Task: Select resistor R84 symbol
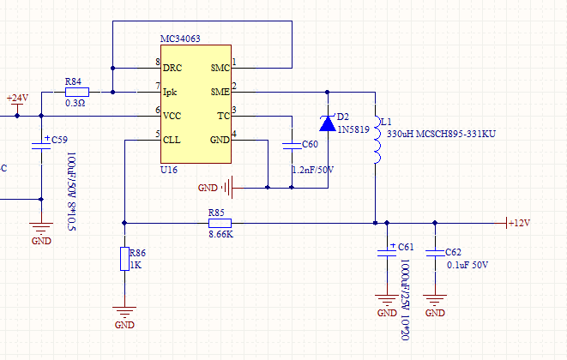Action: (77, 91)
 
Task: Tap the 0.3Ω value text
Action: (75, 103)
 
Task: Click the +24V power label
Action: (17, 98)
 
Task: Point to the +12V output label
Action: (519, 223)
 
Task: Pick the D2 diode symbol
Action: (327, 123)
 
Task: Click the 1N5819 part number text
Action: (353, 129)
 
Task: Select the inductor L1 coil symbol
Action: (376, 140)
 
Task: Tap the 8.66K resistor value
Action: (220, 233)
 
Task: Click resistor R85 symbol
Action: (220, 223)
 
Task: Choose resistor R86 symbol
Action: (125, 259)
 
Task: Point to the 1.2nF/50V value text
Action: (312, 171)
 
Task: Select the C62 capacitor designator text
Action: (454, 252)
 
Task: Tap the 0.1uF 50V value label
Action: (467, 265)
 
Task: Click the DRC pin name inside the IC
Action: (172, 67)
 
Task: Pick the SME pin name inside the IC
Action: (220, 91)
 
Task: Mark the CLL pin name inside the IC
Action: (172, 139)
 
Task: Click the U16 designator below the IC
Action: (169, 171)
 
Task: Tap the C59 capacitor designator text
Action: (59, 139)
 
